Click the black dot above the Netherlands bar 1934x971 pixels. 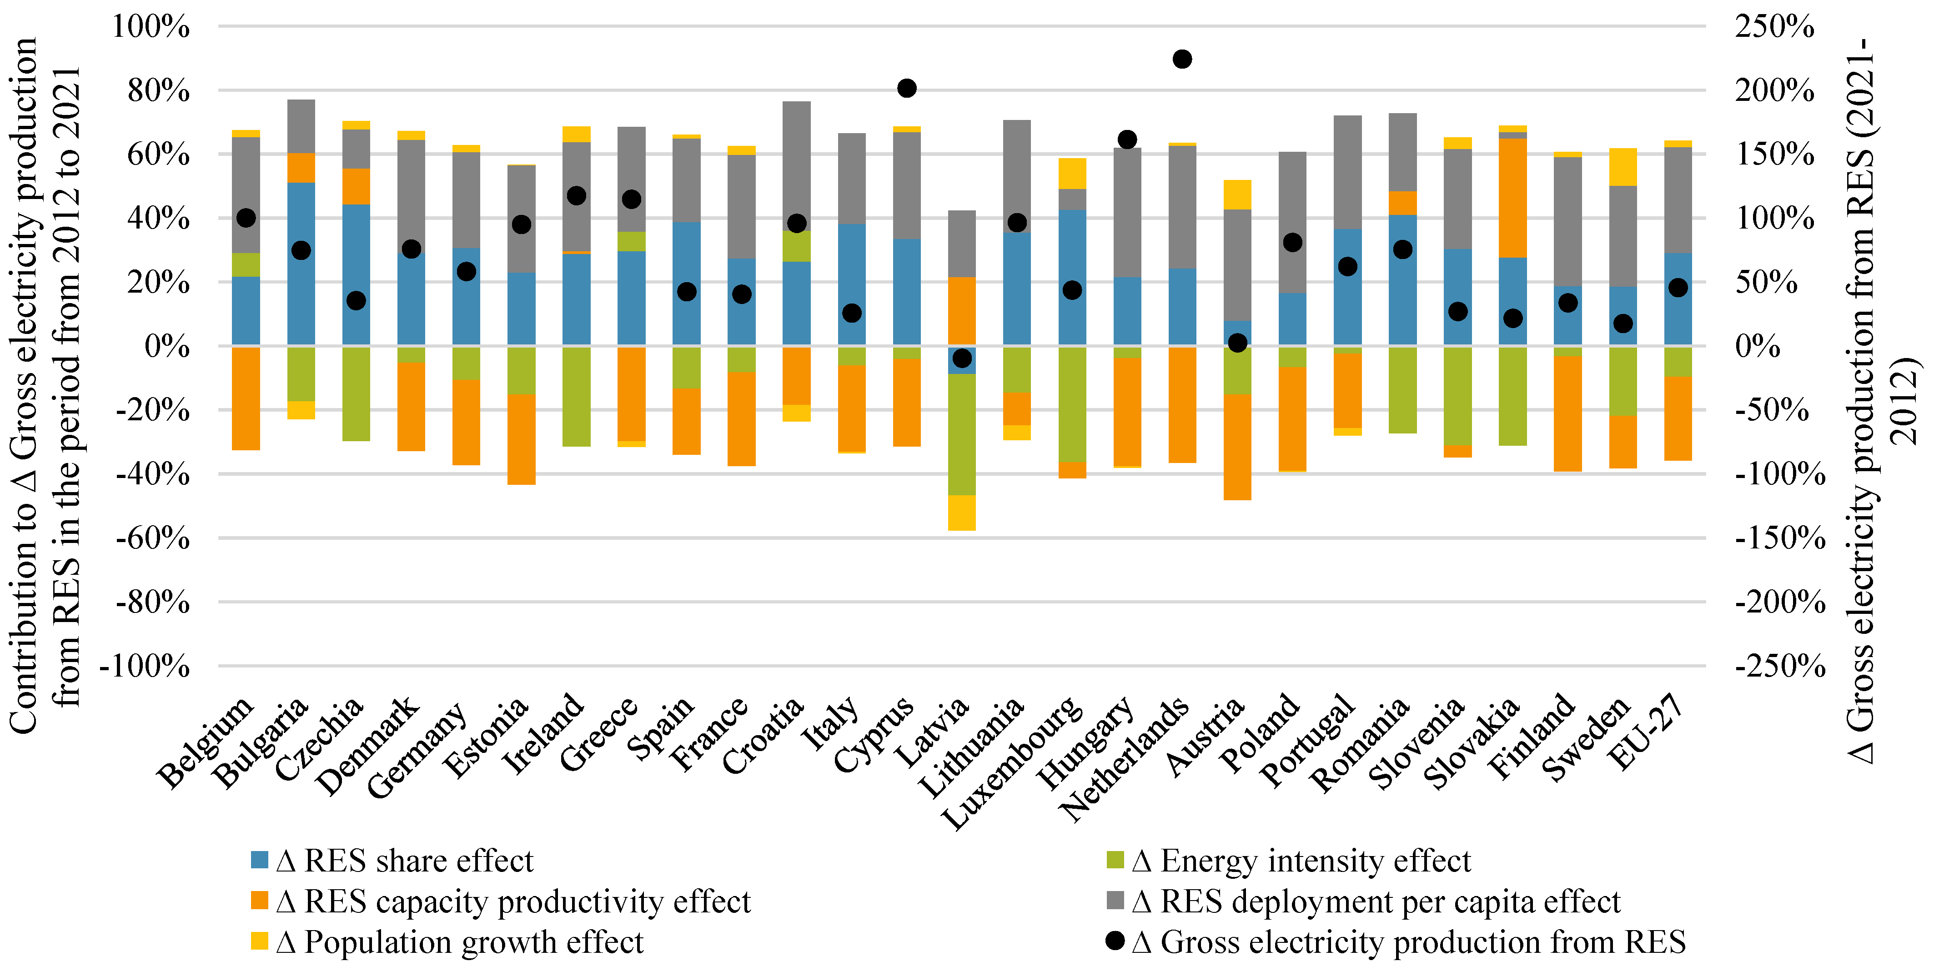click(x=1182, y=59)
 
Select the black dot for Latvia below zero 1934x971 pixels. click(x=962, y=359)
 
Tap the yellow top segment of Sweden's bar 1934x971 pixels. click(x=1623, y=167)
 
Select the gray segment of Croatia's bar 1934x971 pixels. click(x=797, y=165)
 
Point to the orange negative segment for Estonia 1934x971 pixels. click(x=521, y=439)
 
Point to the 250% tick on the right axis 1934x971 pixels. click(x=1774, y=27)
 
